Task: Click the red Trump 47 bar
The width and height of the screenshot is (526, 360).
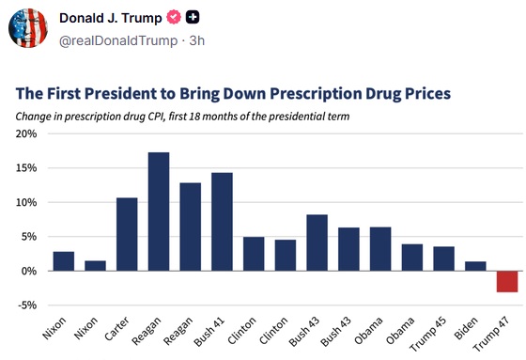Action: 507,281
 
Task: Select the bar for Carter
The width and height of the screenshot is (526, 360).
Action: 127,234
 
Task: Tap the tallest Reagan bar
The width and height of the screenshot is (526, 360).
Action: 159,211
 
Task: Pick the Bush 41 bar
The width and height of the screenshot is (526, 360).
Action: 222,222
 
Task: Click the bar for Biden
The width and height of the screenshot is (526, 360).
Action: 475,266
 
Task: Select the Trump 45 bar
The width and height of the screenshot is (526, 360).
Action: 443,258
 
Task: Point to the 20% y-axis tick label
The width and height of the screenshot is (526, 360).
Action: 26,134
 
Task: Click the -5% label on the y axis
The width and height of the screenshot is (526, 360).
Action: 27,305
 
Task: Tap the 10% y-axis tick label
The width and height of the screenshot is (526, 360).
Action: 26,202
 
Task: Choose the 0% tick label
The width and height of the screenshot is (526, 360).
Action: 29,271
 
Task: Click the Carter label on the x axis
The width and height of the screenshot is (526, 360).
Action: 116,329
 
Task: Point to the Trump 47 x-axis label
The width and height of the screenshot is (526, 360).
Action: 491,334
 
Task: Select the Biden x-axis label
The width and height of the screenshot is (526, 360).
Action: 466,328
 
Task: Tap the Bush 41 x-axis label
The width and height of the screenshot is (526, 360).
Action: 209,332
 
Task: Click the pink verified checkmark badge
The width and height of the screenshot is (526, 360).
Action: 174,18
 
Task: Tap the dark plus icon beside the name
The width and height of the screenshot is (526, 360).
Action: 193,18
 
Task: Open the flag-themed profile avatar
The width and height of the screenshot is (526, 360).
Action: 28,28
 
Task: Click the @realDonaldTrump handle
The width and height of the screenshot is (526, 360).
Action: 118,40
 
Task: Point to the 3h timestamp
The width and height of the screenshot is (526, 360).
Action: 197,40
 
